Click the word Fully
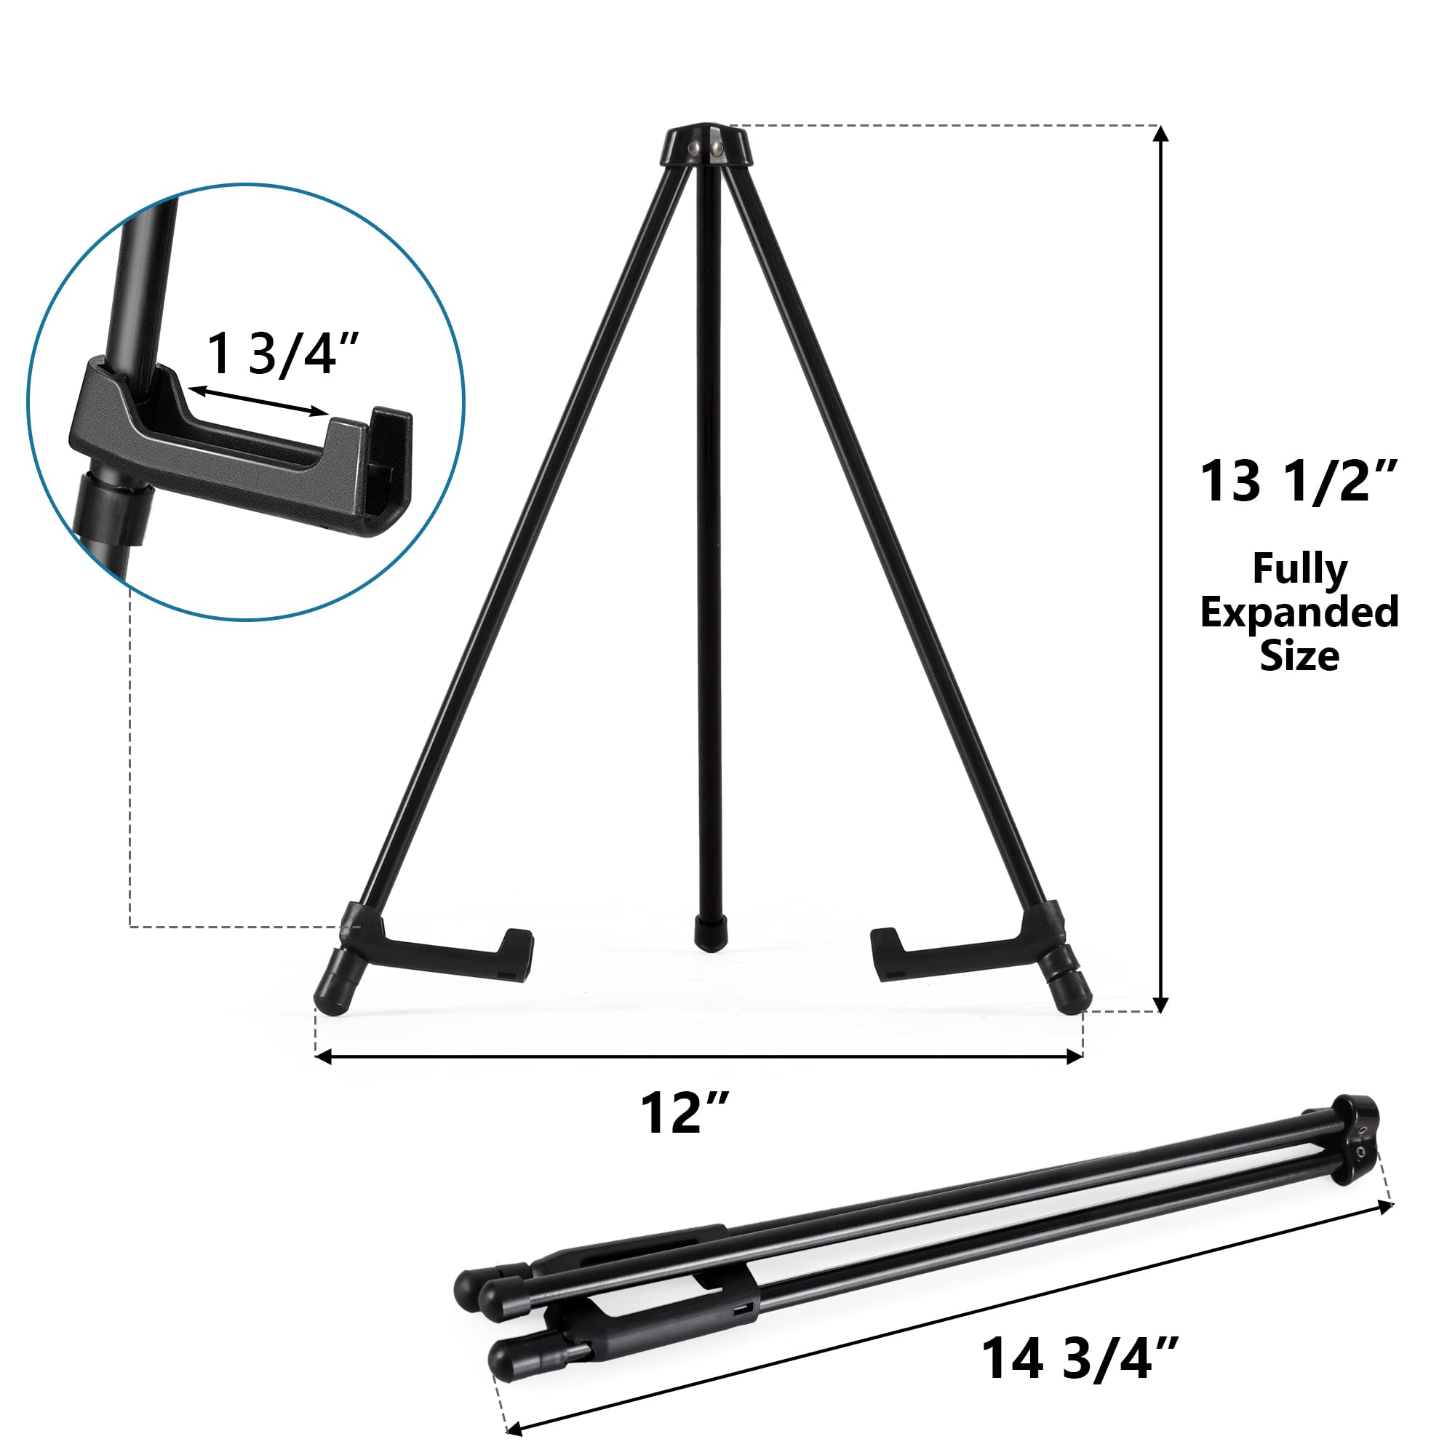point(1300,571)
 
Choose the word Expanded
point(1299,613)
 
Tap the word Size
point(1300,655)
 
